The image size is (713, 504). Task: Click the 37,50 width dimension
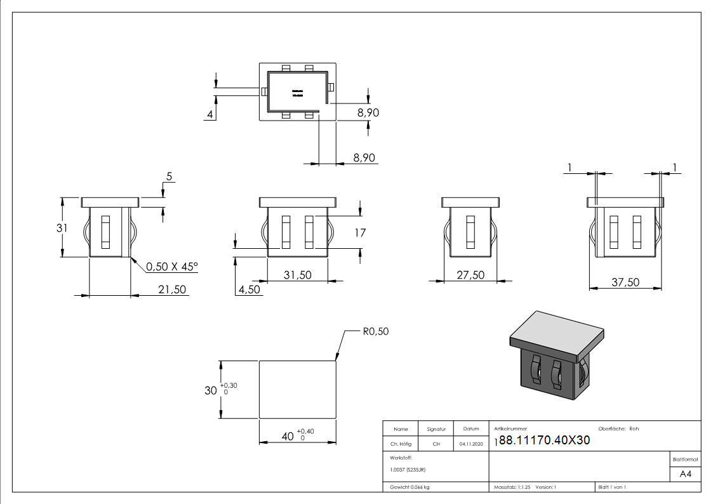pyautogui.click(x=625, y=282)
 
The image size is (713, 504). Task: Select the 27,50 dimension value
pyautogui.click(x=470, y=274)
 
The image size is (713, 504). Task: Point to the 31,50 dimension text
pyautogui.click(x=297, y=274)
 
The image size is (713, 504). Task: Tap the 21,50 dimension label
pyautogui.click(x=171, y=289)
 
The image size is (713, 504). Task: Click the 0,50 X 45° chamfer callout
pyautogui.click(x=172, y=267)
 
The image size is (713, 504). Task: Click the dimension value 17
pyautogui.click(x=359, y=233)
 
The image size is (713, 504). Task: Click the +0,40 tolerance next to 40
pyautogui.click(x=305, y=431)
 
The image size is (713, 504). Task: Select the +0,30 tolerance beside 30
pyautogui.click(x=229, y=385)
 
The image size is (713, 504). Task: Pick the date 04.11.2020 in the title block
pyautogui.click(x=470, y=444)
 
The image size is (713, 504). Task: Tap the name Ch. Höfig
pyautogui.click(x=400, y=444)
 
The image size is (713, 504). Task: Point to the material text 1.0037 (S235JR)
pyautogui.click(x=407, y=470)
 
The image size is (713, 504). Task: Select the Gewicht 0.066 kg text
pyautogui.click(x=410, y=487)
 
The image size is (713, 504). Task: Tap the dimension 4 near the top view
pyautogui.click(x=209, y=114)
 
